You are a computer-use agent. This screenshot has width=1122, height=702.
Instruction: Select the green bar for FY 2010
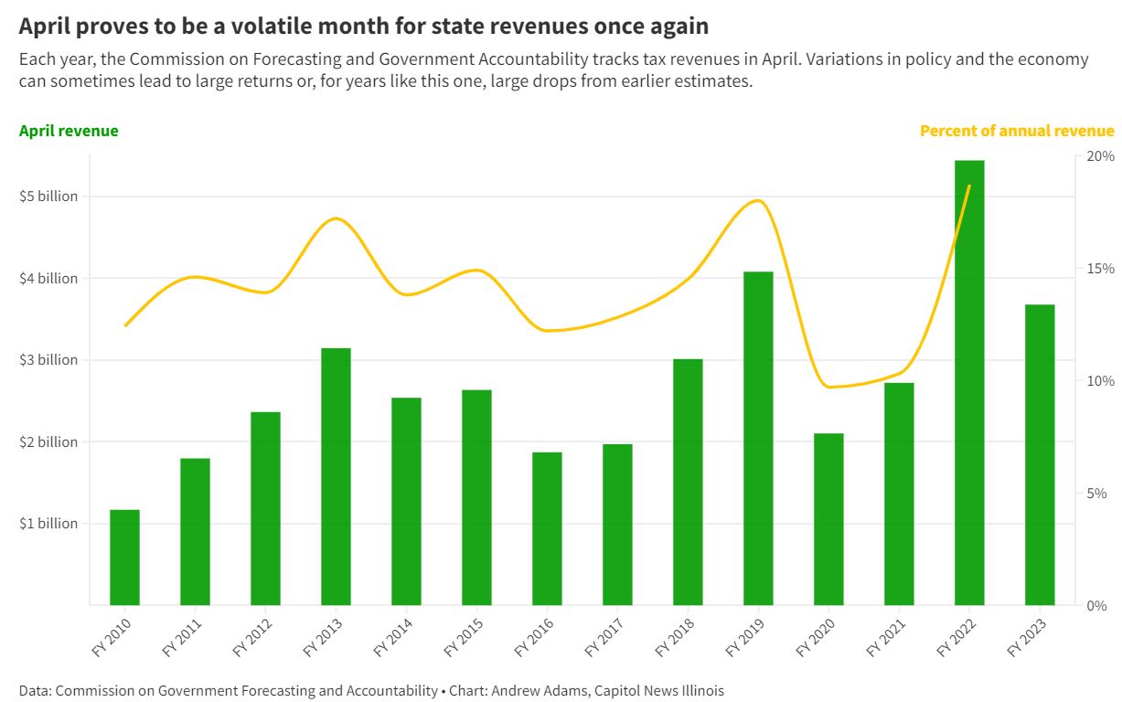125,557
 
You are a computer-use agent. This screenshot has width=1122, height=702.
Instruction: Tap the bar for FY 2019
758,438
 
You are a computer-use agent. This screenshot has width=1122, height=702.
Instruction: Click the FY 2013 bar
336,476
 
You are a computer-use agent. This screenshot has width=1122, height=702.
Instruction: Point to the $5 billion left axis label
48,197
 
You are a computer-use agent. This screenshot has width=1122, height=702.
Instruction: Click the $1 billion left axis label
48,524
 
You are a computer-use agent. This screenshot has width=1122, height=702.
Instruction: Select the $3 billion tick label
48,360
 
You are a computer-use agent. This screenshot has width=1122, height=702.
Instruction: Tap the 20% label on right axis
1101,156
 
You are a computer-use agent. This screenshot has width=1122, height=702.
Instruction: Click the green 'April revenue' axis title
69,131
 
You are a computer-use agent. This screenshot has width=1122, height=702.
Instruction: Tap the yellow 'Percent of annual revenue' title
1017,131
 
